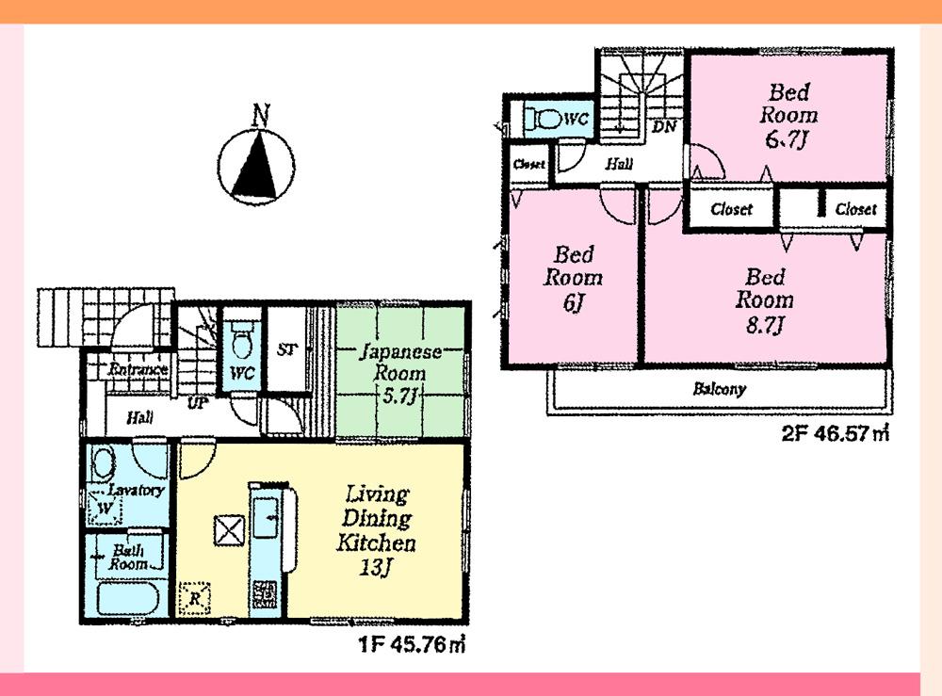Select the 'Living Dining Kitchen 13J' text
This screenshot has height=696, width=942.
377,530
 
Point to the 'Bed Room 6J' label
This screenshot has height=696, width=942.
573,278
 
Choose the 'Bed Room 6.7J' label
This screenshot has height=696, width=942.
789,116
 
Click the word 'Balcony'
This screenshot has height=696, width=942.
720,388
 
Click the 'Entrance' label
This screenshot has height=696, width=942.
138,369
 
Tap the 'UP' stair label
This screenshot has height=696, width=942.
198,403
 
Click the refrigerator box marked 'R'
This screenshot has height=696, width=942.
195,598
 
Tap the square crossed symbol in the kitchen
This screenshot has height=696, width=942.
228,530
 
